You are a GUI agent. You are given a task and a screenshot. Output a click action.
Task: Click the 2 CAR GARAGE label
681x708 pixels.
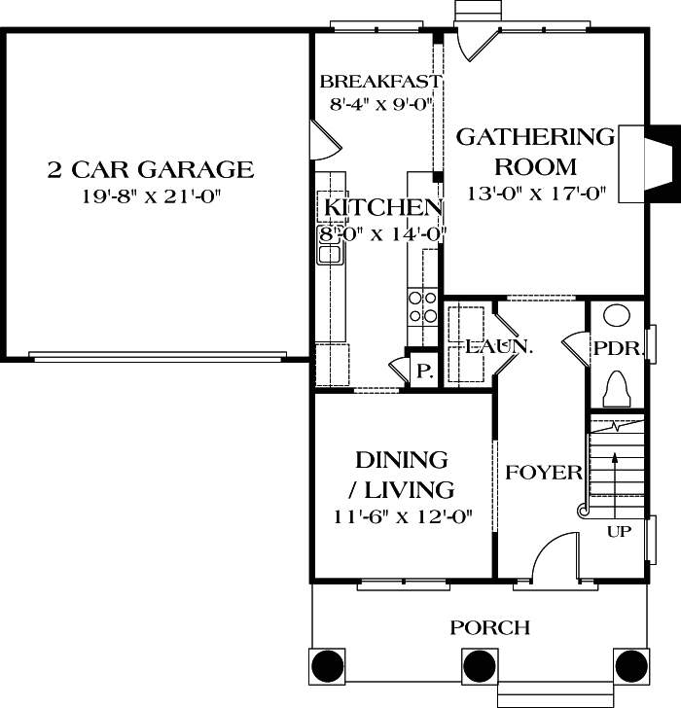point(150,170)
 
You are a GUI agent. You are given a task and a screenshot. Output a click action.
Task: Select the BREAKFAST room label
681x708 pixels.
point(380,81)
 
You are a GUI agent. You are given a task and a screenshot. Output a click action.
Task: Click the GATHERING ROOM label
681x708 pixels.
point(536,151)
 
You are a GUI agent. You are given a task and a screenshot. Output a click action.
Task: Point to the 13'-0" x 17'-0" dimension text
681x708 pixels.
point(536,193)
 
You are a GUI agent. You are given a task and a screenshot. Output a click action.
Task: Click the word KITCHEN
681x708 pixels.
point(383,207)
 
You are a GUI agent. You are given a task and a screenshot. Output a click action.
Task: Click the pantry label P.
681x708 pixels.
point(423,371)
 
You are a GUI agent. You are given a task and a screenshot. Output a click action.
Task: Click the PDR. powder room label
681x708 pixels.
point(615,348)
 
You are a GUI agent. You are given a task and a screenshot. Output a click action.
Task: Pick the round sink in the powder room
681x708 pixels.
point(617,316)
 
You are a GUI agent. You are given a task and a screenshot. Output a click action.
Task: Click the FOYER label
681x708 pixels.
point(544,473)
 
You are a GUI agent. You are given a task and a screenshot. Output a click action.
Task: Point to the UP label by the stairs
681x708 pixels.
point(619,531)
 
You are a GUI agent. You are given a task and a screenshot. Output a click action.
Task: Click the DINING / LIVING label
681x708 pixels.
point(401,474)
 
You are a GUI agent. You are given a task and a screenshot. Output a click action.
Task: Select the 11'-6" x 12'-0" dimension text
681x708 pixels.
point(401,516)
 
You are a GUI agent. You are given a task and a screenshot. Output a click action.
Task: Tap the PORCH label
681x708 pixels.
point(490,627)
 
